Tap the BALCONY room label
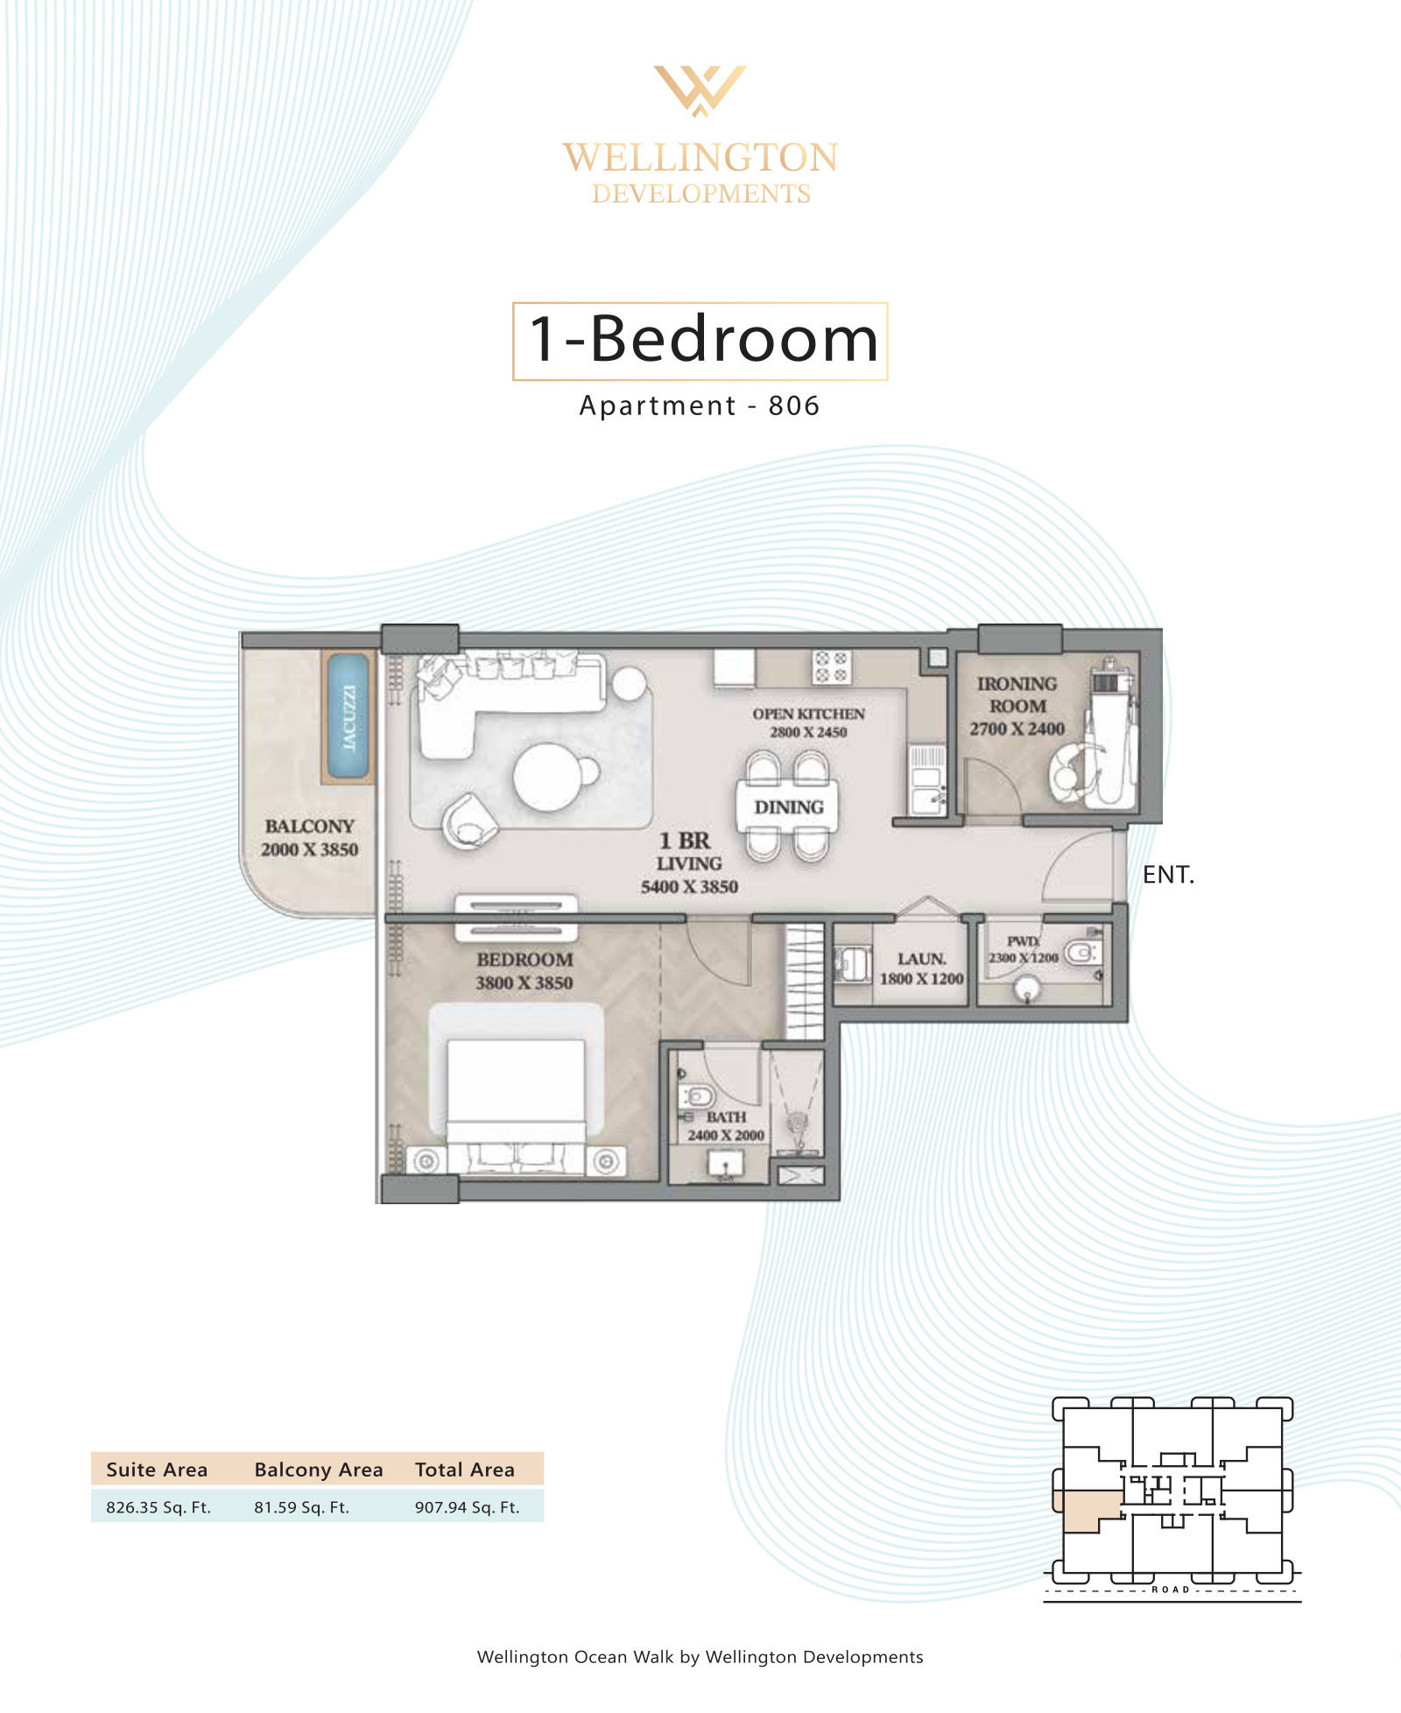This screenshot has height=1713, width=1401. click(x=310, y=826)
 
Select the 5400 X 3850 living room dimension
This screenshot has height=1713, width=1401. click(x=689, y=886)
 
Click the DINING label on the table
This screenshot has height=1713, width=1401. click(x=789, y=807)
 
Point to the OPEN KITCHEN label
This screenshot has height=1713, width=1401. click(x=808, y=714)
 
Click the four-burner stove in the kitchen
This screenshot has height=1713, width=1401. click(x=831, y=666)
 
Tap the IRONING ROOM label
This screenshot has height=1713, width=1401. click(x=1017, y=694)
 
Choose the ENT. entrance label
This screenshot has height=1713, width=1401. click(x=1168, y=874)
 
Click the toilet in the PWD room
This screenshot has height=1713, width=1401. click(x=1082, y=951)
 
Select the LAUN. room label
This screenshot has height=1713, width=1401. click(x=921, y=959)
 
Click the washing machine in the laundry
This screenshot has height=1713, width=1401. click(x=852, y=964)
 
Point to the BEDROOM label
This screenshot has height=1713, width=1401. click(x=524, y=959)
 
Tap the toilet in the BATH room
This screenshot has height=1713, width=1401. click(x=698, y=1096)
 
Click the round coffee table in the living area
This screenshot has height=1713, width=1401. click(x=548, y=777)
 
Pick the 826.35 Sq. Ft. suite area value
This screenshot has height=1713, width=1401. click(x=158, y=1507)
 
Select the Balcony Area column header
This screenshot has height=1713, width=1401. click(x=319, y=1470)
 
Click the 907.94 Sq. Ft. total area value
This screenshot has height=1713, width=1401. click(x=467, y=1507)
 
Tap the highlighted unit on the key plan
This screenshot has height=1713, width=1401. click(x=1087, y=1511)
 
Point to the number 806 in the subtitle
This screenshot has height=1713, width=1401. click(x=794, y=405)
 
